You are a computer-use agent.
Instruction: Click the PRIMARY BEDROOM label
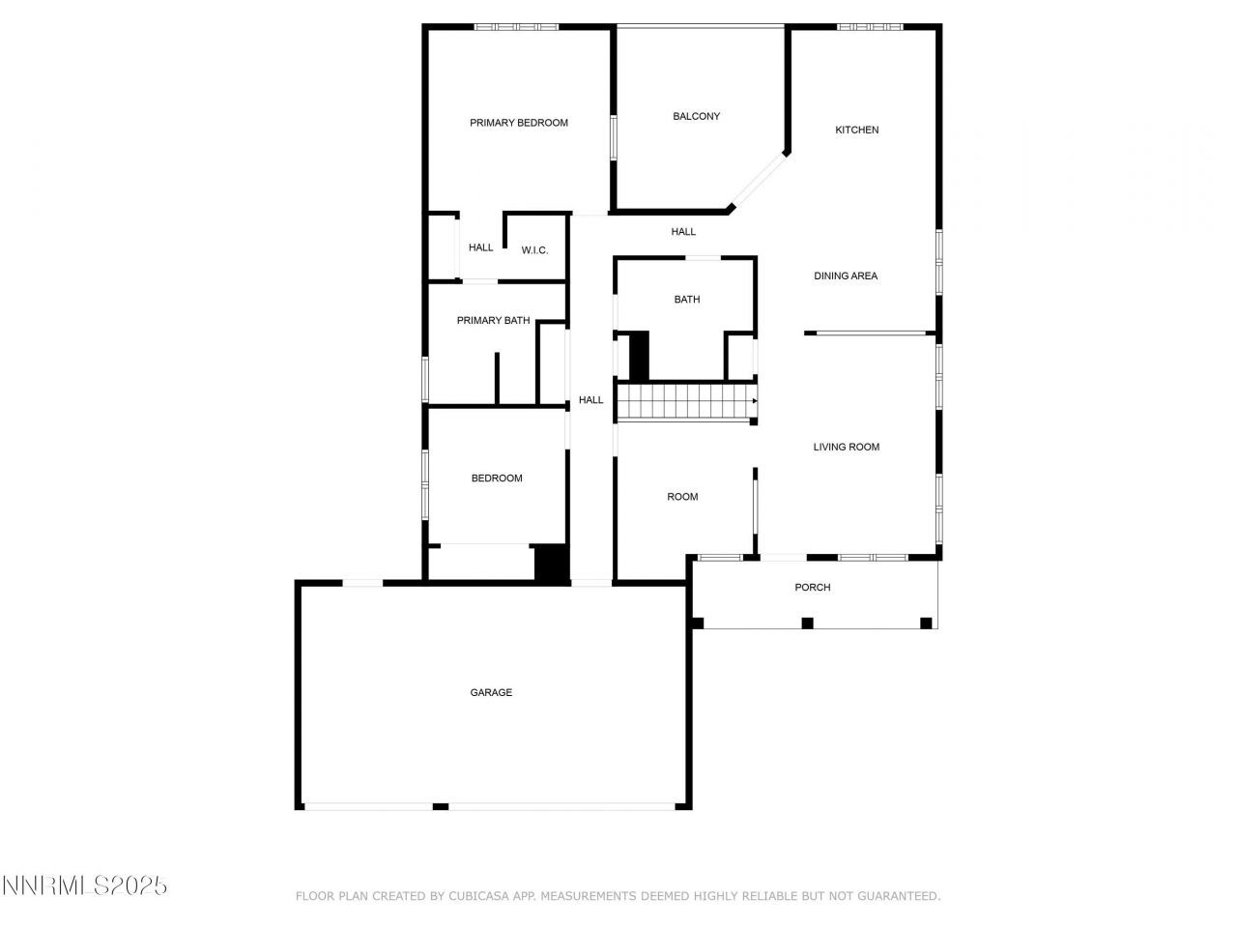(519, 123)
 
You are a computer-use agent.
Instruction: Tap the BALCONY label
(697, 116)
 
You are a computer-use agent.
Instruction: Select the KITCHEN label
(857, 130)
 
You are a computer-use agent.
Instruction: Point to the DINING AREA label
(846, 275)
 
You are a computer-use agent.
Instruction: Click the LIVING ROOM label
(847, 447)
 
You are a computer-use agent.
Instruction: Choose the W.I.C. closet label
(534, 250)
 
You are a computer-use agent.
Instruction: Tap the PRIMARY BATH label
(494, 320)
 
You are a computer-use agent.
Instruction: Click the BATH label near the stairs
(687, 300)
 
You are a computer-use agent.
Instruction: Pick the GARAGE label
(491, 692)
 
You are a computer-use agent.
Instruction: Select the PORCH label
(813, 587)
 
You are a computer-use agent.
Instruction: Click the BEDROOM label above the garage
(497, 478)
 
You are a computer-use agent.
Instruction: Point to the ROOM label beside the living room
(682, 497)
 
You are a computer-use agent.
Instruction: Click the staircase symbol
(685, 401)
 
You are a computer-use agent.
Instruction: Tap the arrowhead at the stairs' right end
(755, 400)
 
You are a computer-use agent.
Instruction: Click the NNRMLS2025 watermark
(84, 884)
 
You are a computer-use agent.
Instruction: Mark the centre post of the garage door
(441, 806)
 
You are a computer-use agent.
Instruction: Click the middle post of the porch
(808, 623)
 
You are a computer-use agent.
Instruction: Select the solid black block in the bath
(639, 356)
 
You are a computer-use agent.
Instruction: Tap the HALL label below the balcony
(684, 232)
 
